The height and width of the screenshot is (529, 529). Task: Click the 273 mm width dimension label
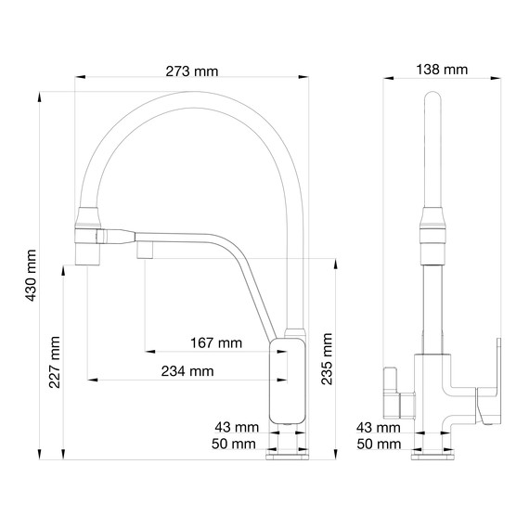[x=193, y=70]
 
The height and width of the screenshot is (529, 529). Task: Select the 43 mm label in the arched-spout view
[x=235, y=427]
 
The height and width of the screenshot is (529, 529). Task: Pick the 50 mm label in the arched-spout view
[x=235, y=445]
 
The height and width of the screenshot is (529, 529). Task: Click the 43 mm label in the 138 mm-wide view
[x=379, y=427]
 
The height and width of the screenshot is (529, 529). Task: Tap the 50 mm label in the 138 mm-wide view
[x=379, y=445]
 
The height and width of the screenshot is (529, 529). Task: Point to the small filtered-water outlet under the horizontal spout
[x=146, y=249]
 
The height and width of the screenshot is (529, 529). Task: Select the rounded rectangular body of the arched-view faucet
[x=288, y=381]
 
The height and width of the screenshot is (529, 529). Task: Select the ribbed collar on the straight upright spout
[x=432, y=226]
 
